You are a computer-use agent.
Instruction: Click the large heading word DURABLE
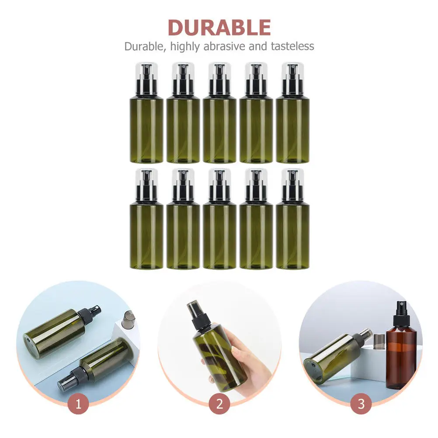tap(219, 28)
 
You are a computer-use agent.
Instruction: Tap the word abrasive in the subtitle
tap(225, 46)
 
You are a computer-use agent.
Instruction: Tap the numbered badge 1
tap(78, 404)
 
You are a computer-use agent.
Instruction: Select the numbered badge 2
tap(219, 404)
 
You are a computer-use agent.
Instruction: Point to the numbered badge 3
tap(361, 404)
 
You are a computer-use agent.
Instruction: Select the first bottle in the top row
tap(146, 113)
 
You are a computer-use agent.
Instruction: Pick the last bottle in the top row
tap(292, 113)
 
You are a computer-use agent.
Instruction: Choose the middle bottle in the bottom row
tap(219, 219)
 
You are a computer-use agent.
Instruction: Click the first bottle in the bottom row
tap(146, 219)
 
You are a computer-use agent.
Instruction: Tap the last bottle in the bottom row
tap(292, 219)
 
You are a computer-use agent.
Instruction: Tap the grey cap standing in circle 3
tap(379, 341)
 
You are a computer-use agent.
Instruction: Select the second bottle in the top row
tap(183, 113)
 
